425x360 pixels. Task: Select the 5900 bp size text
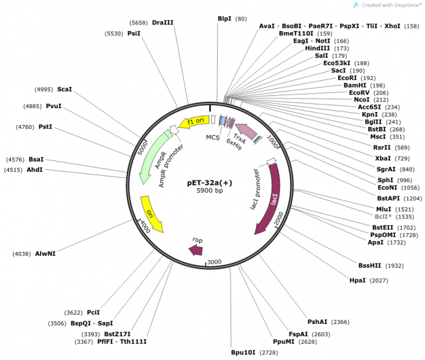(209, 191)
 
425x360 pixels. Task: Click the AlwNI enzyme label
(45, 254)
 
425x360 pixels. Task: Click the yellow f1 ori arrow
(191, 122)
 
